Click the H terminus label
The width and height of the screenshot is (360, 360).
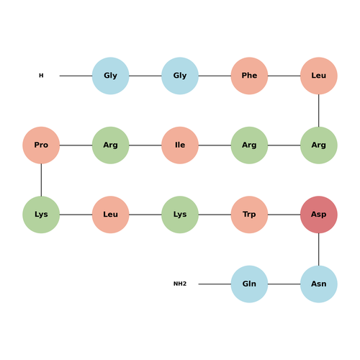point(41,76)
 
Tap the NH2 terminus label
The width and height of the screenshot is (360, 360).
point(180,284)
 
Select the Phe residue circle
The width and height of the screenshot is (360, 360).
point(249,76)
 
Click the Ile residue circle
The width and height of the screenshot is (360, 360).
point(180,145)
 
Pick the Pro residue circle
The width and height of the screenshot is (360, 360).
point(41,145)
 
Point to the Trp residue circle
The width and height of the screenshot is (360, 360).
point(249,215)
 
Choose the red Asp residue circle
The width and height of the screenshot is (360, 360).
point(319,215)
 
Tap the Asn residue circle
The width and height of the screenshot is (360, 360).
point(319,284)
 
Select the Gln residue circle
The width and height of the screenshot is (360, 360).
point(249,284)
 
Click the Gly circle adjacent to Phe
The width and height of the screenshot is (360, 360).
point(180,76)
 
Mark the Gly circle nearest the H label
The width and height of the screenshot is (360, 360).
point(111,76)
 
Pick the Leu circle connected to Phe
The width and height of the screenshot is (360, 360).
point(319,76)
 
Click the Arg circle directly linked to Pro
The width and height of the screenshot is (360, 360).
point(111,145)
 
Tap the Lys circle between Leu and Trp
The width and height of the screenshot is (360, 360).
point(180,215)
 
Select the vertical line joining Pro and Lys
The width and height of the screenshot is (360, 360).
point(41,180)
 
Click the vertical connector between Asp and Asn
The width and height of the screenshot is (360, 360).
point(319,249)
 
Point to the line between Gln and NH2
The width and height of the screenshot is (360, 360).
point(215,284)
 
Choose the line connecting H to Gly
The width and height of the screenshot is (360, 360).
point(76,76)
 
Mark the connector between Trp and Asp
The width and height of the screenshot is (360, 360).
point(284,215)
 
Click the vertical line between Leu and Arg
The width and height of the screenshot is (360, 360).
point(319,110)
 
